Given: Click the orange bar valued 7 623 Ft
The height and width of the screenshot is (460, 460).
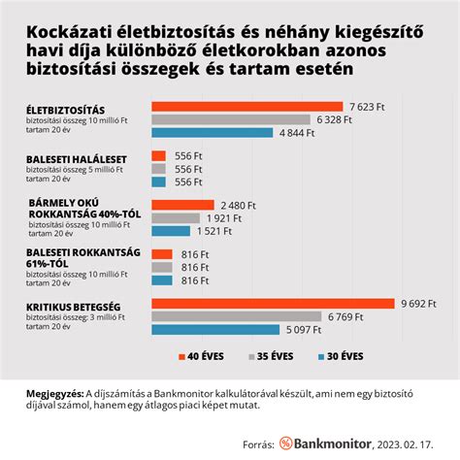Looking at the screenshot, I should [x=247, y=106].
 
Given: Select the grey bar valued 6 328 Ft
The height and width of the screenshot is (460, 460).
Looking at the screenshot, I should [x=233, y=118].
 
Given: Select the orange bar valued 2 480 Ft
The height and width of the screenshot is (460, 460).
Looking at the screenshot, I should [x=183, y=205].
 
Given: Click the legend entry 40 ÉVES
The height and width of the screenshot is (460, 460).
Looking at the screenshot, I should [x=207, y=356].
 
